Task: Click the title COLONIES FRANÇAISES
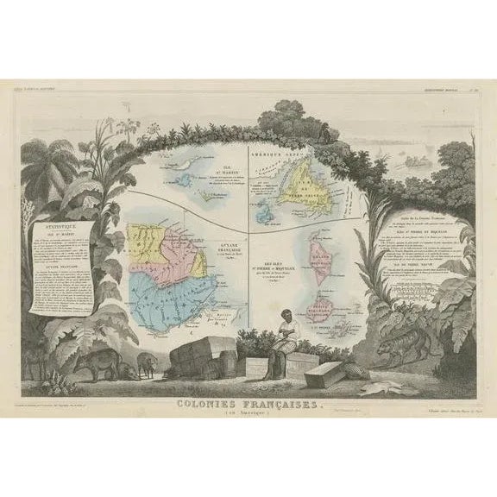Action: click(x=248, y=404)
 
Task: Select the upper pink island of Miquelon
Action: click(x=322, y=259)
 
